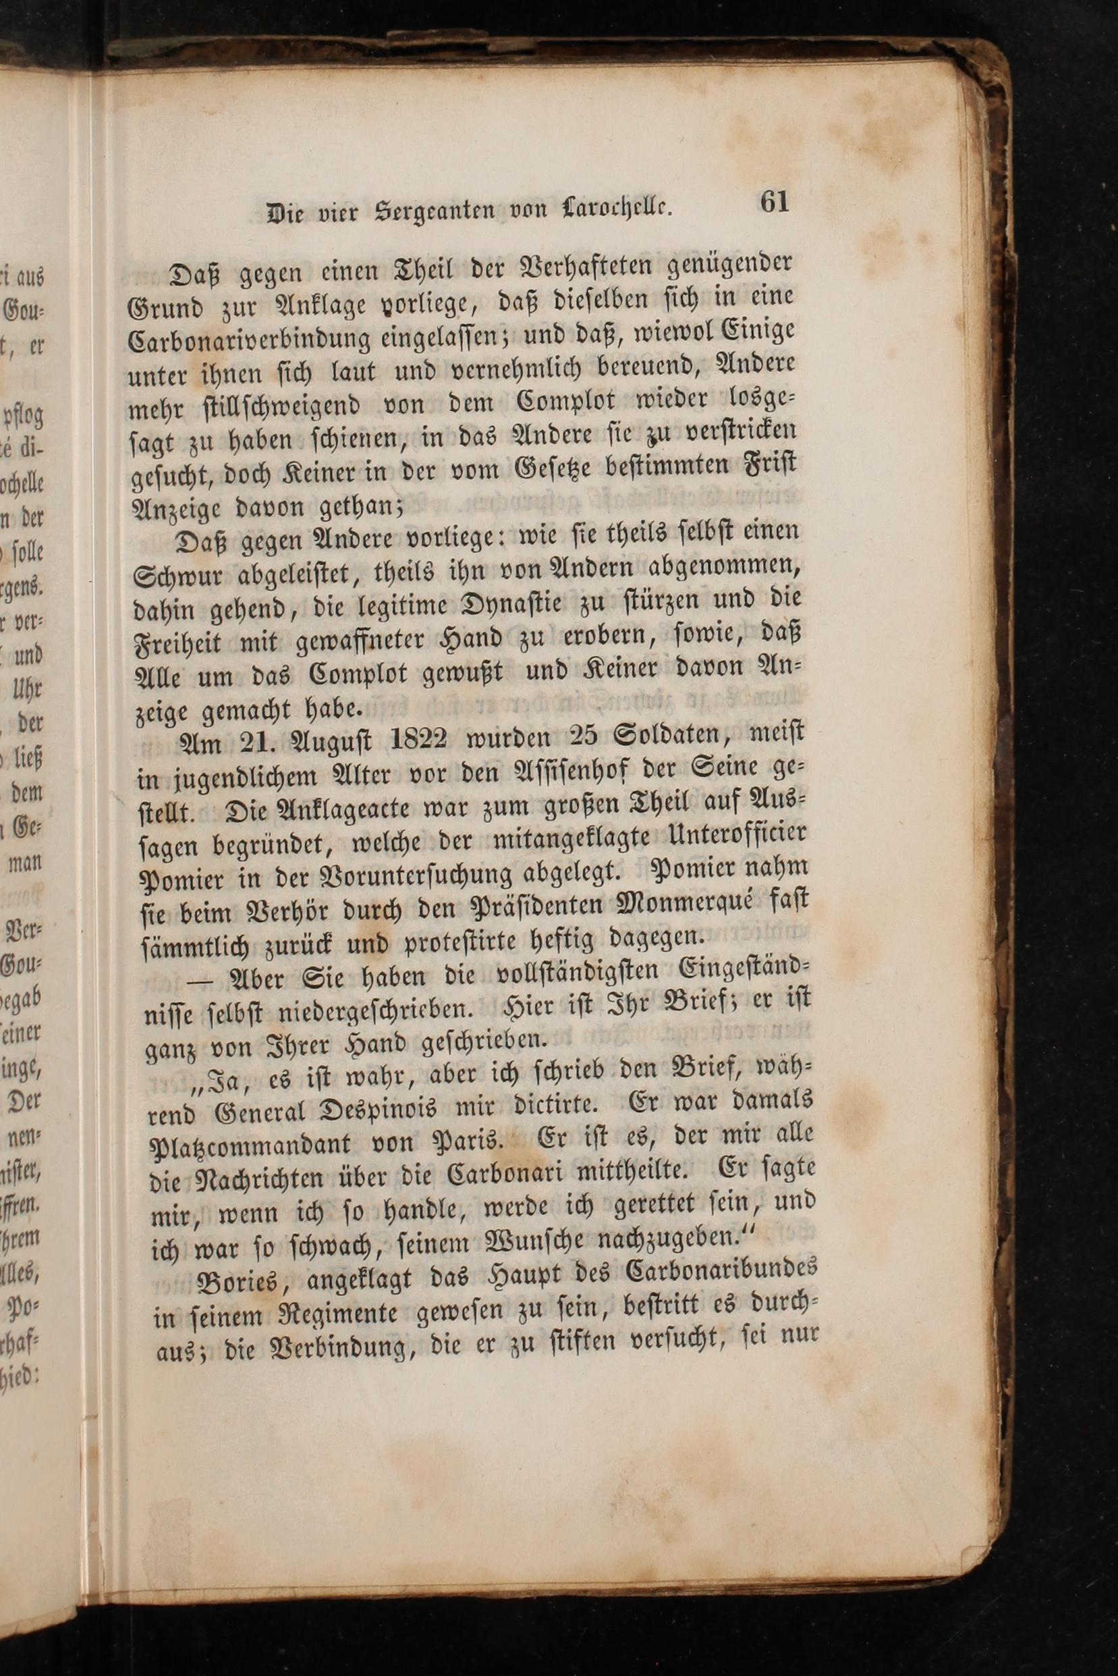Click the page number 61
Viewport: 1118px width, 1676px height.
[x=775, y=202]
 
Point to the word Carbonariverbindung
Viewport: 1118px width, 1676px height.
[x=249, y=338]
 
